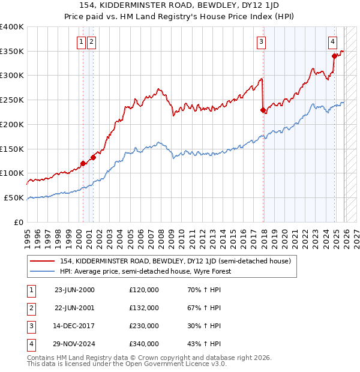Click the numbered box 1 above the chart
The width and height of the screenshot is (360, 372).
tap(81, 42)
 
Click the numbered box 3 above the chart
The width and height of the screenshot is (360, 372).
tap(262, 42)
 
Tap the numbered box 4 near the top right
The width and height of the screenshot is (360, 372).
tap(332, 42)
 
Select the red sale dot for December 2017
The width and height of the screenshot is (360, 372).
tap(263, 110)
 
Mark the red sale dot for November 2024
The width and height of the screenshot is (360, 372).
tap(334, 56)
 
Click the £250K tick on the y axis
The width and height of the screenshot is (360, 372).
tap(12, 100)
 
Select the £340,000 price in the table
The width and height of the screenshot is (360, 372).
tap(144, 344)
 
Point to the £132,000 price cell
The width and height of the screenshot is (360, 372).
tap(144, 308)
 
